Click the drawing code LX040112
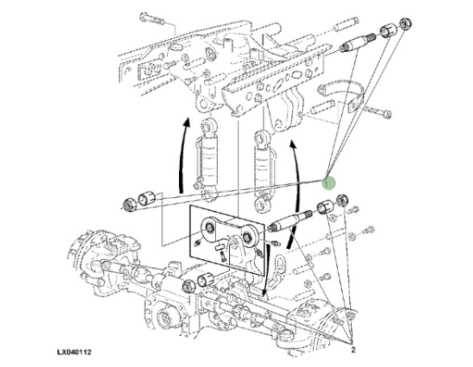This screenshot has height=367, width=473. pos(74,352)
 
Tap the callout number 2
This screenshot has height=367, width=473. pos(353,350)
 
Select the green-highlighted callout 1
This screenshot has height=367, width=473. pos(328,183)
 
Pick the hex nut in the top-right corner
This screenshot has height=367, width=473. pos(406,24)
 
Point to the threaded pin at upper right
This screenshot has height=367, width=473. pos(357,43)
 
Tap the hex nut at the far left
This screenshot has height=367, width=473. pos(131,204)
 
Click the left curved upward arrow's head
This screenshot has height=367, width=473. pos(187,122)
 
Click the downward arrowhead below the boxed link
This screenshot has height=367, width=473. pos(265,293)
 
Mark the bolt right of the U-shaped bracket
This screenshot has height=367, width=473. pos(378,112)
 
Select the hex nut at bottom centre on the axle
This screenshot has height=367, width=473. pos(189,286)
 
